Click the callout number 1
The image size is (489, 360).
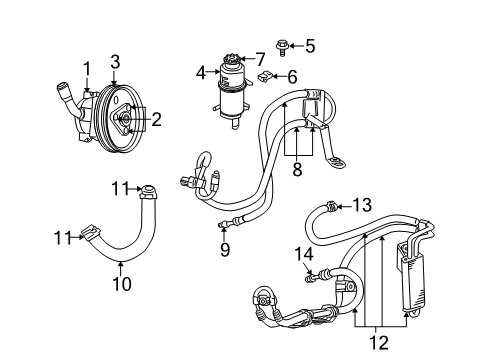point(87,68)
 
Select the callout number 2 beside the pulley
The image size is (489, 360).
point(157,120)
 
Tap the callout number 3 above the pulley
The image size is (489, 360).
point(115,62)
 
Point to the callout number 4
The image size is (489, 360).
point(200,72)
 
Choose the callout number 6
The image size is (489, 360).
point(292,76)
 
